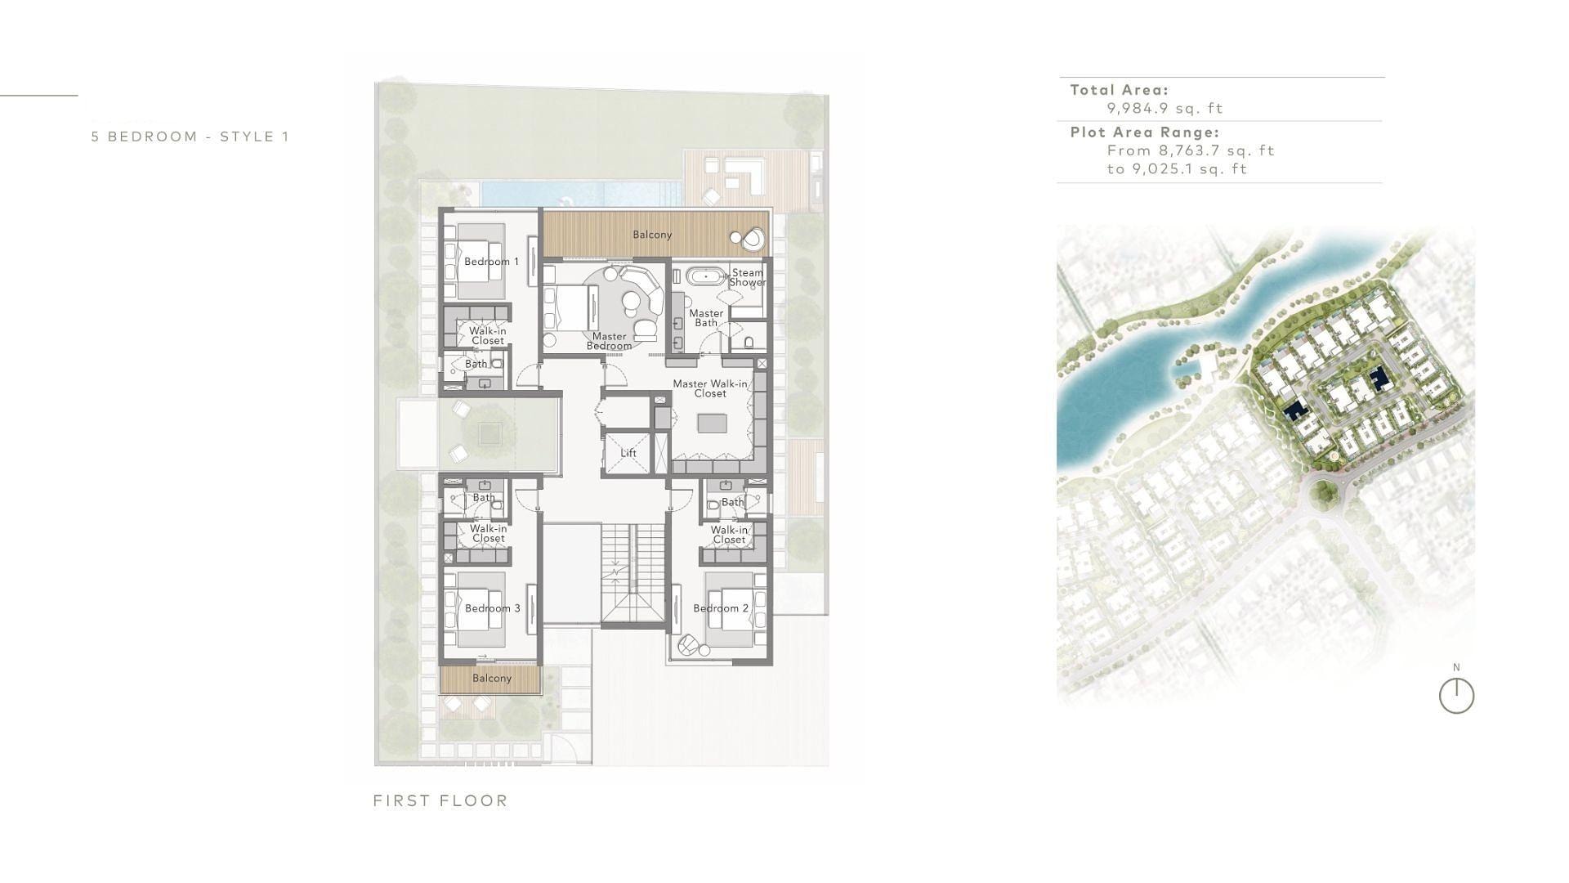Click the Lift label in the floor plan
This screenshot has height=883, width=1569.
(628, 453)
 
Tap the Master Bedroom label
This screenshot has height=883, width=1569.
(609, 341)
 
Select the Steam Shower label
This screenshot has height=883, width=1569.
(747, 277)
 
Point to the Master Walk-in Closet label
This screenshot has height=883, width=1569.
(710, 388)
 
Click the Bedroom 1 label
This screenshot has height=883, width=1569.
(491, 262)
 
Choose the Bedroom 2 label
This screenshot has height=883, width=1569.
(721, 608)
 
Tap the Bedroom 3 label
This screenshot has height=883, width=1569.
(492, 608)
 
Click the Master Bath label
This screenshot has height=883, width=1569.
(706, 318)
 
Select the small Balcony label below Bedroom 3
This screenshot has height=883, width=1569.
(492, 678)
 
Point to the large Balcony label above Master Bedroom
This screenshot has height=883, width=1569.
(652, 235)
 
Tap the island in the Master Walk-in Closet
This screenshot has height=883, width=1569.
(712, 424)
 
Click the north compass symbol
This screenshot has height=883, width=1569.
(1456, 697)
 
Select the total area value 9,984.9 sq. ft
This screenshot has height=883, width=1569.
(1164, 108)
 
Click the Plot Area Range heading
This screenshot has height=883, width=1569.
(1144, 132)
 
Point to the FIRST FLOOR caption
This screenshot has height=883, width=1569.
(440, 800)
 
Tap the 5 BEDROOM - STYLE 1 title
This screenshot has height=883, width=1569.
(190, 137)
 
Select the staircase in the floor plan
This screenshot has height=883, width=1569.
(634, 576)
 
